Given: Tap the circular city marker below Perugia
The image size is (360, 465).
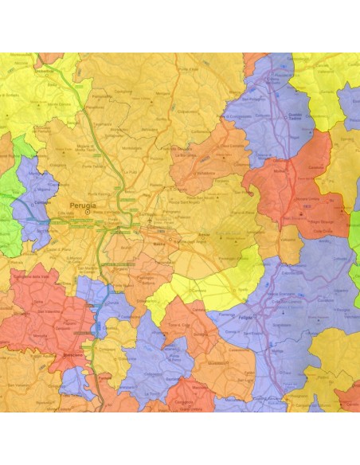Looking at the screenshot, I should pyautogui.click(x=88, y=212).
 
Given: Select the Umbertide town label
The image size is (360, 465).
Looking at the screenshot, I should pyautogui.click(x=43, y=71).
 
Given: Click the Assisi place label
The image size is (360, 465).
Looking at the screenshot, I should pyautogui.click(x=202, y=236).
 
